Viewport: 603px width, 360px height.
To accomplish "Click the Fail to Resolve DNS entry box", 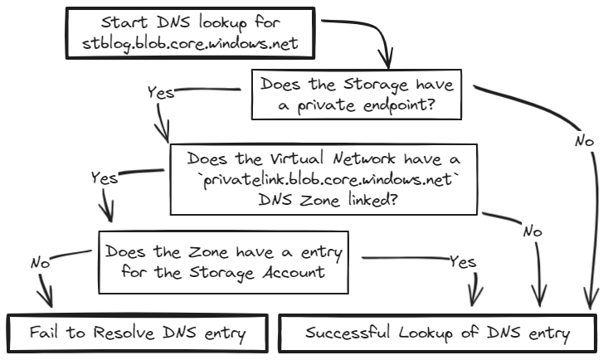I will [x=138, y=333].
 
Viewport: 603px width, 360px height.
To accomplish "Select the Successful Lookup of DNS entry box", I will [x=437, y=333].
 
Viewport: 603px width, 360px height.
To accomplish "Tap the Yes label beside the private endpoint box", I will [x=160, y=92].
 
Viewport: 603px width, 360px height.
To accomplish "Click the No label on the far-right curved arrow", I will [x=584, y=142].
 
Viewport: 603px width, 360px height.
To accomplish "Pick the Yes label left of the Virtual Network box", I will [x=104, y=177].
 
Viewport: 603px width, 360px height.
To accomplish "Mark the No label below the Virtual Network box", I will [x=532, y=231].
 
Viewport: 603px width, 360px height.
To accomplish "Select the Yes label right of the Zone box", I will [x=463, y=262].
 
